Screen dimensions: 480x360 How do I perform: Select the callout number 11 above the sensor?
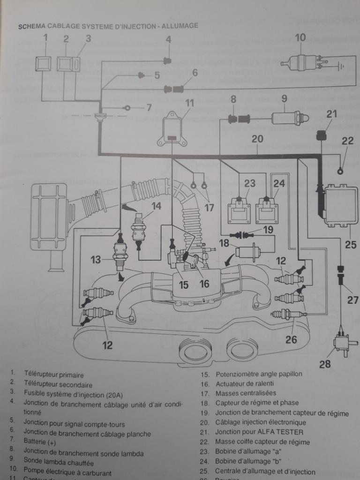coord(189,103)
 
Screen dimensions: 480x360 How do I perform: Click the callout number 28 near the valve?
coord(325,364)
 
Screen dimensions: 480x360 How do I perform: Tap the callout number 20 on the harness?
coord(257,139)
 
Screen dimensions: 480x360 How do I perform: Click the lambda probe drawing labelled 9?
coord(287,118)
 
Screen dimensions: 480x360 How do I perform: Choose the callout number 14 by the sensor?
coord(156,205)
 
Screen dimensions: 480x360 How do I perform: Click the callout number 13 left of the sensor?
coord(96,259)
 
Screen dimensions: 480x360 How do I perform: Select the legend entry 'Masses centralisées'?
coord(246,393)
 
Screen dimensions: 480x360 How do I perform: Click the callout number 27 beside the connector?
coord(352,300)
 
